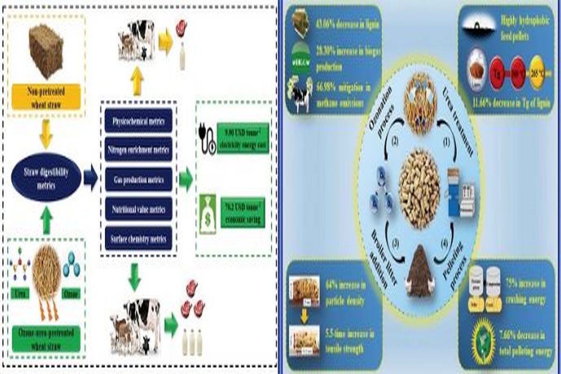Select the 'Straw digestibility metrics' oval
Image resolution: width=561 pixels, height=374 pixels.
tap(46, 178)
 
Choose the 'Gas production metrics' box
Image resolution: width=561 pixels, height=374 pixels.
tap(139, 180)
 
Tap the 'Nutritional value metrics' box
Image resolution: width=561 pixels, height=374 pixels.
tap(139, 209)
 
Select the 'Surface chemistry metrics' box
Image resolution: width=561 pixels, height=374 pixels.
tap(139, 238)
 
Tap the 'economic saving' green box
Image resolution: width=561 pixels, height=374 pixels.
tap(243, 212)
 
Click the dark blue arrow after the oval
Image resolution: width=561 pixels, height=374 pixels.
tap(90, 178)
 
